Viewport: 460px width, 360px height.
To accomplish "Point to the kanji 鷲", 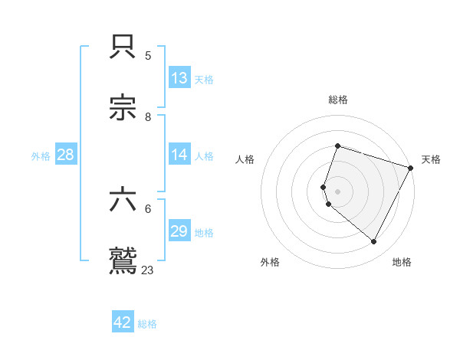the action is [x=124, y=260].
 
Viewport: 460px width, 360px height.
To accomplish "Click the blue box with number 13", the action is [x=179, y=78].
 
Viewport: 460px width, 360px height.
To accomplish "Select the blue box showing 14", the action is [x=179, y=155].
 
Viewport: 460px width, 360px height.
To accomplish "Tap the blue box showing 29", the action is [x=179, y=232].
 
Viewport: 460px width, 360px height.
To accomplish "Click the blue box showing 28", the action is [x=66, y=155].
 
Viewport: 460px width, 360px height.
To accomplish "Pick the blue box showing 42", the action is [x=123, y=322].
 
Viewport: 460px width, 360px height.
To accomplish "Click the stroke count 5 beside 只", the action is [x=148, y=55].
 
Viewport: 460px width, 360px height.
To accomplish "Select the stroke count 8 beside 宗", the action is [x=148, y=116].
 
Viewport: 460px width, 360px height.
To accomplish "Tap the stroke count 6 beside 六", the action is [x=148, y=208].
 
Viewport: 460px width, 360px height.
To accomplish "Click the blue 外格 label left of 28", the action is [x=41, y=156].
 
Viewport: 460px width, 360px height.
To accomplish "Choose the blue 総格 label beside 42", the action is [x=147, y=324].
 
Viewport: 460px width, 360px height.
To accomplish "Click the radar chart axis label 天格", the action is [x=431, y=159].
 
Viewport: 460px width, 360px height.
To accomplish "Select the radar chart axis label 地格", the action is [x=402, y=262].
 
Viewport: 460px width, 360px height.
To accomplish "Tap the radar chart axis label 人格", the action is [x=245, y=159].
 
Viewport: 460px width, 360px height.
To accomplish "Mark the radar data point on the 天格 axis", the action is [x=411, y=167].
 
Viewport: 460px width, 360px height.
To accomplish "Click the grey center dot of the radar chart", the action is [x=337, y=191].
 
